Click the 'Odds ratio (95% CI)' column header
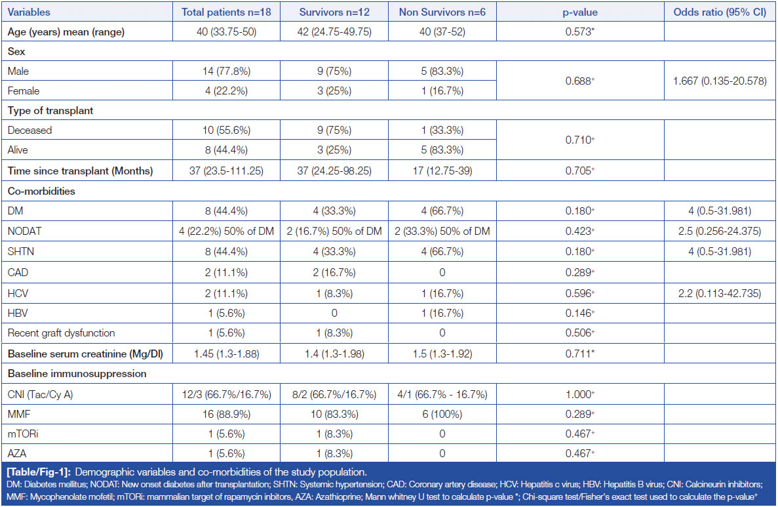(x=719, y=12)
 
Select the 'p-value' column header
(x=579, y=12)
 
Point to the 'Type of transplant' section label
(x=50, y=111)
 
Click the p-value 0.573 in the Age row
(x=579, y=31)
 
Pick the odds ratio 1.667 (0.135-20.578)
(x=719, y=81)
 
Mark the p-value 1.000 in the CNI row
(x=579, y=394)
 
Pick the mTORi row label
(x=24, y=434)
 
